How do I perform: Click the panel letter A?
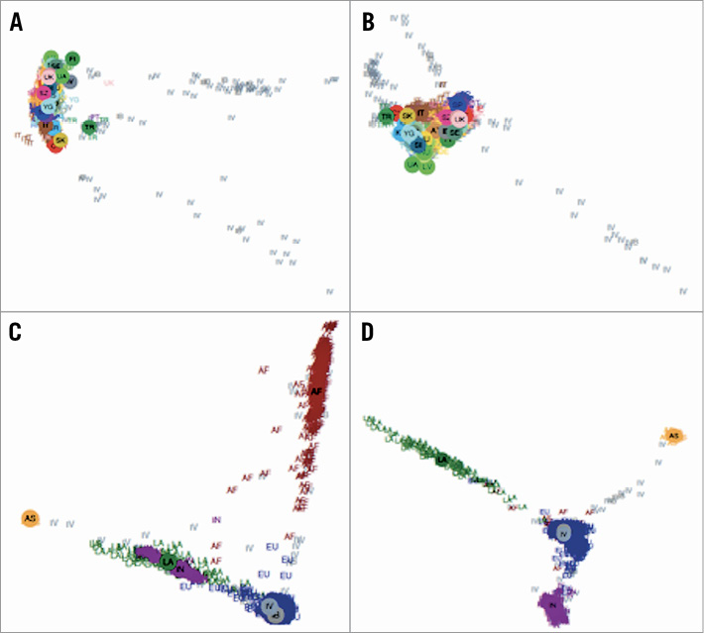[x=16, y=22]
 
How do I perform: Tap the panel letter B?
[x=368, y=22]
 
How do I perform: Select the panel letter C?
[x=16, y=332]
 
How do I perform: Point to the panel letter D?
[x=368, y=332]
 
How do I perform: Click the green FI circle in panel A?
[x=72, y=59]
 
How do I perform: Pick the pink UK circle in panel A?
[x=49, y=76]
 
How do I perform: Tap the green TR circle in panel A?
[x=89, y=127]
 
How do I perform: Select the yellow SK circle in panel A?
[x=60, y=141]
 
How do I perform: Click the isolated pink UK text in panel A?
[x=108, y=83]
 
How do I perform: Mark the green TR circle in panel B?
[x=386, y=117]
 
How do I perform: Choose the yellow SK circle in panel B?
[x=408, y=116]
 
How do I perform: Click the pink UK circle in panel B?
[x=459, y=118]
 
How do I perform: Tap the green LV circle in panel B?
[x=426, y=166]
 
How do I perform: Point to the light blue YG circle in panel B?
[x=409, y=133]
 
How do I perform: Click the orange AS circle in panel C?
[x=30, y=518]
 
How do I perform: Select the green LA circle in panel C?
[x=169, y=562]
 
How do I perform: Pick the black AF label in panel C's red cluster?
[x=316, y=391]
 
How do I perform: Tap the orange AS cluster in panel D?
[x=673, y=436]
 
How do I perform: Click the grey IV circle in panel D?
[x=564, y=533]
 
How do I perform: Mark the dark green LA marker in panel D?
[x=441, y=460]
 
